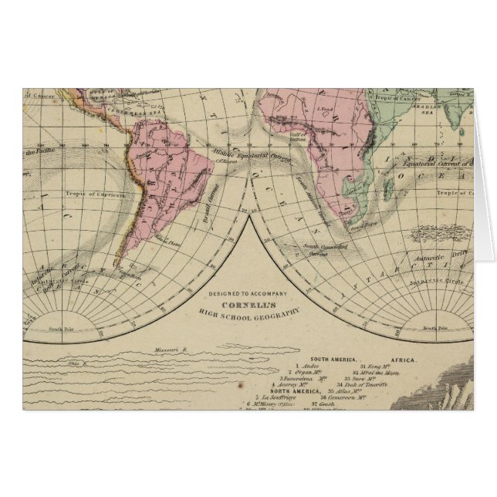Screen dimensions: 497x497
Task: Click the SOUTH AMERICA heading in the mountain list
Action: tap(333, 360)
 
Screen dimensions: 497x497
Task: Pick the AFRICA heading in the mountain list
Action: tap(403, 360)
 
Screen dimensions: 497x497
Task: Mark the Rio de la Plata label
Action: tap(165, 241)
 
